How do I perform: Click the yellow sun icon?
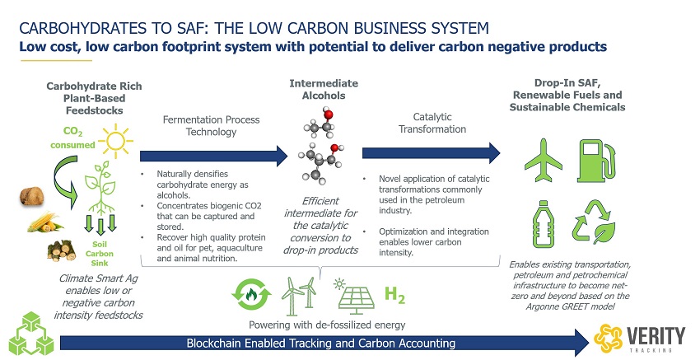[x=115, y=141]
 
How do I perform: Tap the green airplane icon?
[x=544, y=160]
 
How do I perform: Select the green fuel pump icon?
[x=597, y=161]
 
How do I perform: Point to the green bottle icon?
[x=543, y=224]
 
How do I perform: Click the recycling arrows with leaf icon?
[x=594, y=222]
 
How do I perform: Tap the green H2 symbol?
[x=394, y=295]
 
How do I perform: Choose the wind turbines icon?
[x=299, y=295]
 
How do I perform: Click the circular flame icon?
[x=251, y=294]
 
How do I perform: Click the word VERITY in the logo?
[x=656, y=335]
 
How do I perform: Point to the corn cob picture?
[x=45, y=222]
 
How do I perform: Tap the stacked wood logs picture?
[x=62, y=250]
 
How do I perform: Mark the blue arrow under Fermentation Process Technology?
[x=214, y=156]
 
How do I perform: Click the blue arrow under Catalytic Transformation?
[x=432, y=153]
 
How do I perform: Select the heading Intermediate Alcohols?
[x=324, y=89]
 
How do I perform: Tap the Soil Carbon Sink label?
[x=100, y=254]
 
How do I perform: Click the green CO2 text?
[x=72, y=131]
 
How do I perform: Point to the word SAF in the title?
[x=190, y=29]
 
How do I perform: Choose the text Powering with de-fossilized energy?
[x=327, y=325]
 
